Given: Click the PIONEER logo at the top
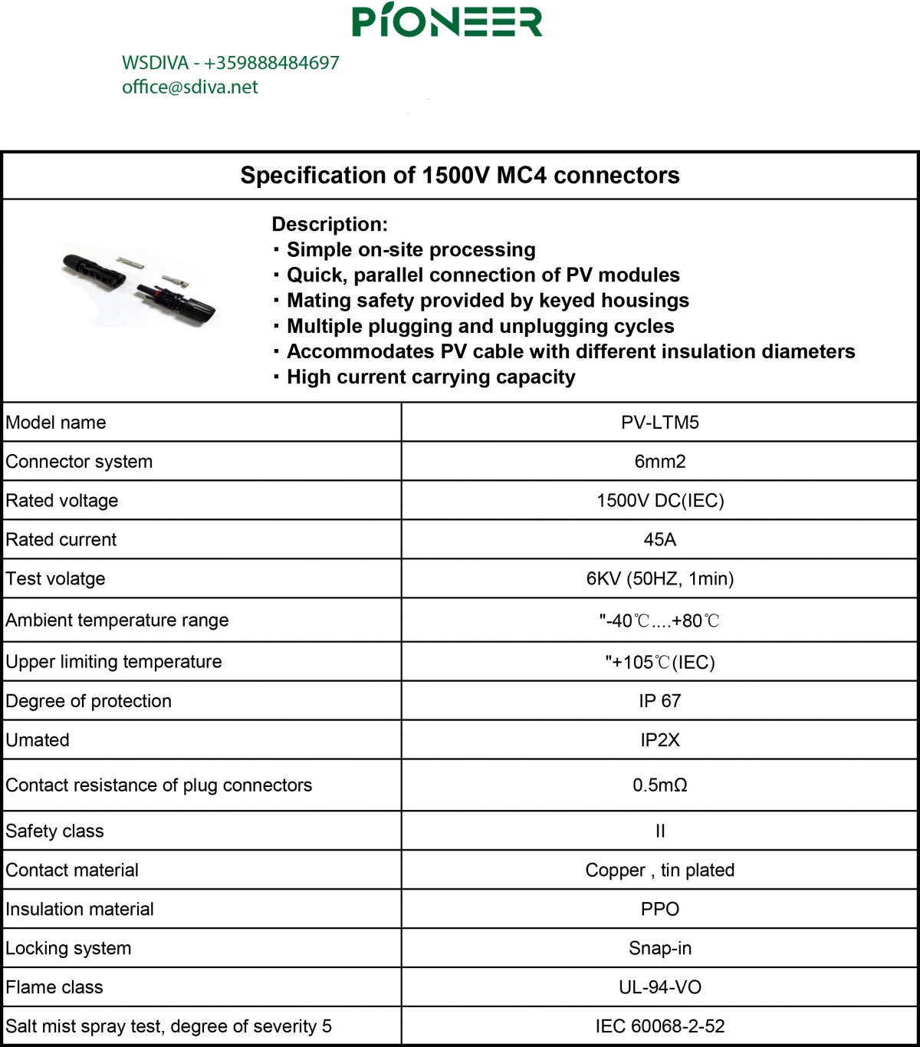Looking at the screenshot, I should pos(447,21).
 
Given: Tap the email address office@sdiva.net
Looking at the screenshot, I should pos(190,87).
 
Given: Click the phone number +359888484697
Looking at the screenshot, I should pos(271,63).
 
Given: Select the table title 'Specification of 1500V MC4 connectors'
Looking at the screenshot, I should pos(460,176).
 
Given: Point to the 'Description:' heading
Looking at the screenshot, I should pos(330,225).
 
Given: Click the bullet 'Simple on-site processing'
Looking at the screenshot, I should pos(410,250).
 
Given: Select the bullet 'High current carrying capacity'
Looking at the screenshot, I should pos(430,377).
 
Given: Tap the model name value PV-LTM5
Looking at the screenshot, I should pos(659,423).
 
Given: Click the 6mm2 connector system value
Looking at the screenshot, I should pos(659,462).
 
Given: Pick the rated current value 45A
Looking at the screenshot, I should pos(659,540).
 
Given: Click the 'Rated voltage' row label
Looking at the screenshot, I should pos(62,501).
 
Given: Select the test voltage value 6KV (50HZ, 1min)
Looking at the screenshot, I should pos(659,579).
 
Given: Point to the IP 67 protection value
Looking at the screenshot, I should pos(659,701).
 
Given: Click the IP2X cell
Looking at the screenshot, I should pos(659,740).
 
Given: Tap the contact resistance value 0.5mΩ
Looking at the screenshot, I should pos(659,785).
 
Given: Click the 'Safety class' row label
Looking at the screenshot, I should pos(54,831).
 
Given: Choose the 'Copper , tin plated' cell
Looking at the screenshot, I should pos(659,871).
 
